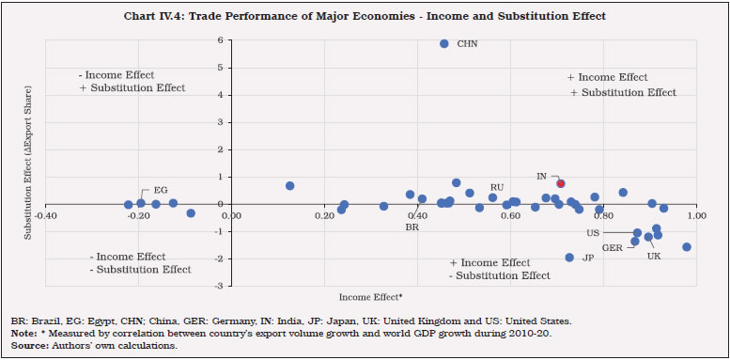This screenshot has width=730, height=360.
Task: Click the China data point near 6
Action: point(444,44)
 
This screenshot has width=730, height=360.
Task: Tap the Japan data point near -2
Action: point(569,258)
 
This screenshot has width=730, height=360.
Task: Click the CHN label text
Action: point(467,44)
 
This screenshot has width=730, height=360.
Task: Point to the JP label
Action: point(588,258)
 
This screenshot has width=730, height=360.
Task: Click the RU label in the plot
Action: point(497,187)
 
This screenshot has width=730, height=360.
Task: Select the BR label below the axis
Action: point(412,227)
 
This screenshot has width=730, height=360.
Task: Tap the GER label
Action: point(614,247)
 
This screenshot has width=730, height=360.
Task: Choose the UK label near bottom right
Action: point(653,256)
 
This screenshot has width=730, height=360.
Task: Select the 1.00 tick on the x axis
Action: point(694,215)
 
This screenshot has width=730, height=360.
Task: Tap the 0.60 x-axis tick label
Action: point(510,215)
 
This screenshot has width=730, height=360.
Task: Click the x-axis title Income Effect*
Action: point(370,297)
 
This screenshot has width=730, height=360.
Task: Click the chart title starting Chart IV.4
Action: point(365,16)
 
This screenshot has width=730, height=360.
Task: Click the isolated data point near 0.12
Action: point(289,186)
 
